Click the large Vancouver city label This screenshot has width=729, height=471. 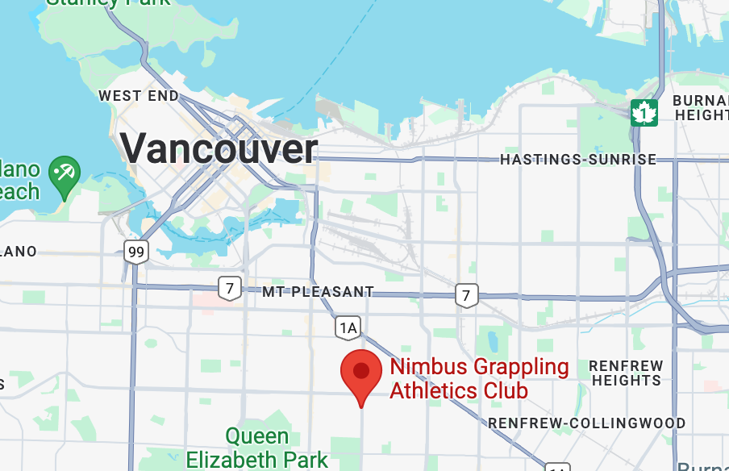(x=219, y=149)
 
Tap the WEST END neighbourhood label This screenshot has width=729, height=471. (x=138, y=96)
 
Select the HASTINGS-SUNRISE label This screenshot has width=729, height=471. (x=578, y=160)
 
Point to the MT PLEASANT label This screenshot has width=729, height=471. (x=318, y=292)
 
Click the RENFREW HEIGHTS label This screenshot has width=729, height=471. (x=626, y=373)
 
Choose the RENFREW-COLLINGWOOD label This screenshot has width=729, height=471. (x=586, y=423)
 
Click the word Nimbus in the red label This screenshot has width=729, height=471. (x=428, y=368)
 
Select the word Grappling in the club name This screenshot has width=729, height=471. (x=521, y=369)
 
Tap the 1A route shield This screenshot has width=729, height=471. (x=348, y=327)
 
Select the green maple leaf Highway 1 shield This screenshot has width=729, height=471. (x=644, y=113)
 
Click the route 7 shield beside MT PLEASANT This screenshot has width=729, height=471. (x=230, y=287)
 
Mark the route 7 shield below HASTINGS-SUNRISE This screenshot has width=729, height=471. (x=465, y=295)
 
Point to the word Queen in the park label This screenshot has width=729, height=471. (x=256, y=437)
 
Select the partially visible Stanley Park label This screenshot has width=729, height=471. (x=109, y=2)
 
